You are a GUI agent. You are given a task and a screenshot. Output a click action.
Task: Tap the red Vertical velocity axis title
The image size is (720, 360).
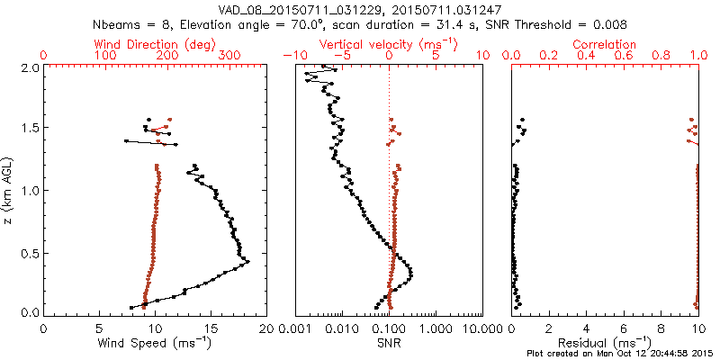(389, 44)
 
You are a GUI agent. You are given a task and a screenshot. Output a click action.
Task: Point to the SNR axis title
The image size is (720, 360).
(389, 342)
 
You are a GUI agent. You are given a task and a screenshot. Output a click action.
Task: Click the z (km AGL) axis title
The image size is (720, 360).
(9, 190)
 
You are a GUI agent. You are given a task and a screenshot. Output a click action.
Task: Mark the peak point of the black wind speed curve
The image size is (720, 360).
(248, 263)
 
